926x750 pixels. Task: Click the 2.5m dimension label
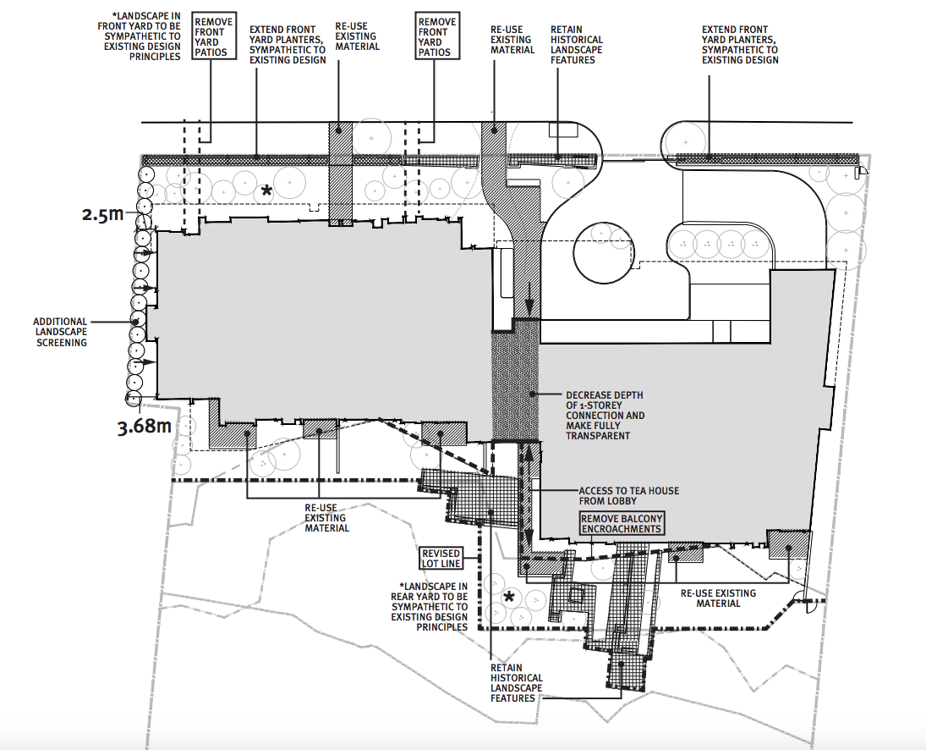coord(103,214)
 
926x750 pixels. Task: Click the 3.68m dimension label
coord(145,426)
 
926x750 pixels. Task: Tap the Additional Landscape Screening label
coord(60,332)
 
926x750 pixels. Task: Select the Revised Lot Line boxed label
coord(441,558)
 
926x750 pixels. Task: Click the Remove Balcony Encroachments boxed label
coord(622,524)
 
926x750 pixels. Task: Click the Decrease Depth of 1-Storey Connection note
coord(605,416)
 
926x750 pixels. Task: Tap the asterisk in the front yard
coord(267,191)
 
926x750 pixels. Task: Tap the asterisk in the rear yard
coord(508,598)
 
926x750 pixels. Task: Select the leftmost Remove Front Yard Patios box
coord(214,36)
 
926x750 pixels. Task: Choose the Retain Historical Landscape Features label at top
coord(577,45)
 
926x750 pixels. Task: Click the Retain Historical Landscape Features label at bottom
coord(516,683)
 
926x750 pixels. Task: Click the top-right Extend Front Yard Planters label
coord(740,45)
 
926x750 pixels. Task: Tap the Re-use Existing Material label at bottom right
coord(718,598)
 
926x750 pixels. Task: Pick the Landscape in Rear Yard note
coord(430,606)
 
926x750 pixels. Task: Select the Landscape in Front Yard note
coord(140,36)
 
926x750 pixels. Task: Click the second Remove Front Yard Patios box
coord(437,36)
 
